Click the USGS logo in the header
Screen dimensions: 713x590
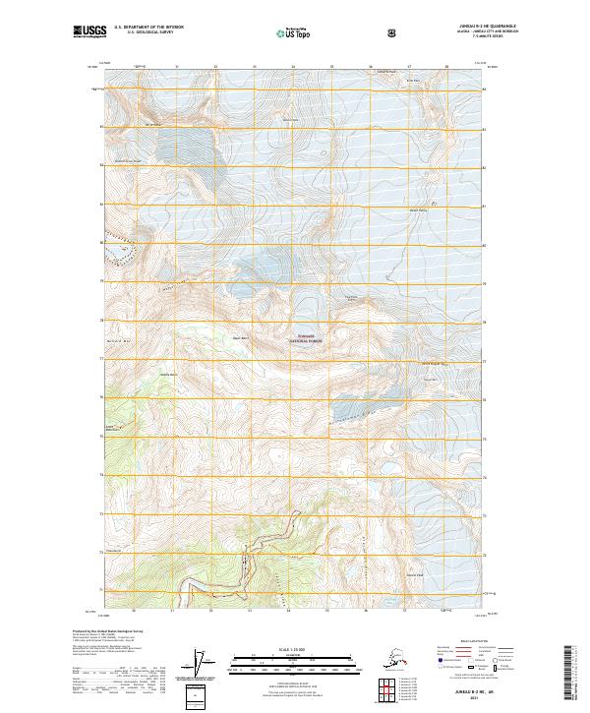pyautogui.click(x=88, y=32)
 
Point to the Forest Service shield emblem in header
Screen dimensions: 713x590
pyautogui.click(x=392, y=33)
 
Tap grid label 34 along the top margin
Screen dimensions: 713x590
pyautogui.click(x=293, y=68)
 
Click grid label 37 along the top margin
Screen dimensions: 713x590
pyautogui.click(x=409, y=68)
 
